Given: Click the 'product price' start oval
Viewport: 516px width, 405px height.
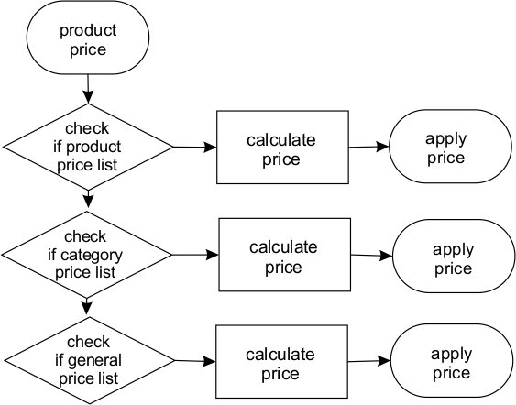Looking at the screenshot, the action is click(x=88, y=38).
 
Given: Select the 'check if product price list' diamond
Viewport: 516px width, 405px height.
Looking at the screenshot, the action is click(x=88, y=147).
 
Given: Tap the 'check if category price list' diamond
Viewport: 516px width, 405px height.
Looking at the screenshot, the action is click(x=86, y=255).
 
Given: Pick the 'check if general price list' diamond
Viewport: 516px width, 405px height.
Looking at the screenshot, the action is click(x=89, y=361).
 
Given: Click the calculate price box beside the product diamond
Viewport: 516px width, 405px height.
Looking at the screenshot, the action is click(x=282, y=147).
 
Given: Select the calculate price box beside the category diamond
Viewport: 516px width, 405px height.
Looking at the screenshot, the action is click(x=285, y=255).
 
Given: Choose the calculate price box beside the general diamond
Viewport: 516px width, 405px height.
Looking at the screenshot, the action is click(x=281, y=362).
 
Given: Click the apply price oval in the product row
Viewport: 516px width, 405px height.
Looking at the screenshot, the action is click(x=450, y=147).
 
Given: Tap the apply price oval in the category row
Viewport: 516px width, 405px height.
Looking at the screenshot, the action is click(x=454, y=256).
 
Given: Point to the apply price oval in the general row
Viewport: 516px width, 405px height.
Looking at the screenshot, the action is click(x=452, y=361).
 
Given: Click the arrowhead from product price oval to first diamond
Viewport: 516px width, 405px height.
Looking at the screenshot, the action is click(x=88, y=97).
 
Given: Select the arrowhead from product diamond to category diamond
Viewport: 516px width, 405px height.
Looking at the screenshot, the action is click(x=88, y=202).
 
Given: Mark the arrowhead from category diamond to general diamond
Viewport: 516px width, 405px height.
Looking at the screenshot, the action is click(x=86, y=308).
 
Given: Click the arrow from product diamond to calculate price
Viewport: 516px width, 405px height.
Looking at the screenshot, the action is click(x=195, y=147).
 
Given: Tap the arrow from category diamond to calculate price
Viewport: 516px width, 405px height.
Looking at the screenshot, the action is click(x=195, y=255).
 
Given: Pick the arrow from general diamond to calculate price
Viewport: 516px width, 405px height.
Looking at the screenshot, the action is click(x=195, y=361).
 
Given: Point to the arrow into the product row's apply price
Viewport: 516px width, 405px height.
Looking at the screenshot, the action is click(x=369, y=147).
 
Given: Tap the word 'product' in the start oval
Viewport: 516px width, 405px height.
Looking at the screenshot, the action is click(x=88, y=31).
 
